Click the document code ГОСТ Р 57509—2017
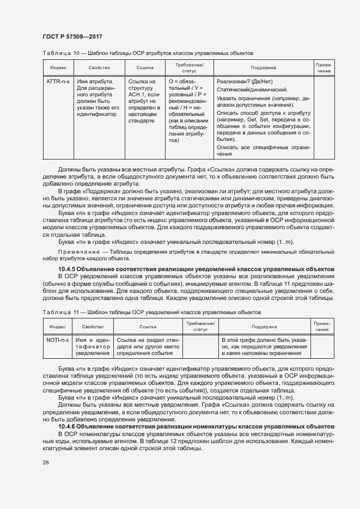click(72, 36)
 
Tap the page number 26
click(46, 462)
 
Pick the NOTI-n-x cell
click(58, 340)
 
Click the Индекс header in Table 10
click(58, 68)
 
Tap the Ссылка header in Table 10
click(144, 68)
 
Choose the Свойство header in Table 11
click(93, 327)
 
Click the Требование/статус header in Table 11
click(200, 327)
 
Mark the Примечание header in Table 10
click(324, 68)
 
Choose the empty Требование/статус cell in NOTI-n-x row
click(200, 347)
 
